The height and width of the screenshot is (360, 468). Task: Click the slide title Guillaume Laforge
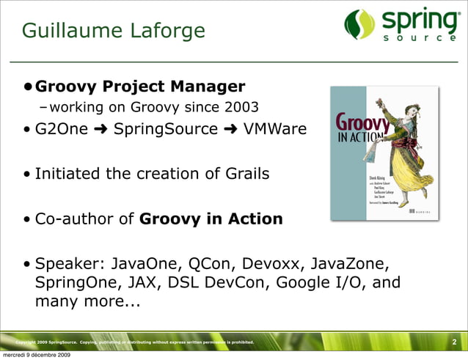click(x=114, y=31)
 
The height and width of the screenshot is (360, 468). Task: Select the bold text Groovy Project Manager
click(x=140, y=87)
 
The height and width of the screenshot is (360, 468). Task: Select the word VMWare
click(x=274, y=130)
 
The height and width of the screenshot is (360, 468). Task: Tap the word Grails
click(x=246, y=174)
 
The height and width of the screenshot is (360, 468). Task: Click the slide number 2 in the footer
click(x=454, y=342)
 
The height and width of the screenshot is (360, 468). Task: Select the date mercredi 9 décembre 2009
click(x=36, y=356)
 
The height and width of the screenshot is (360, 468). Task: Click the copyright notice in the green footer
click(x=135, y=342)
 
